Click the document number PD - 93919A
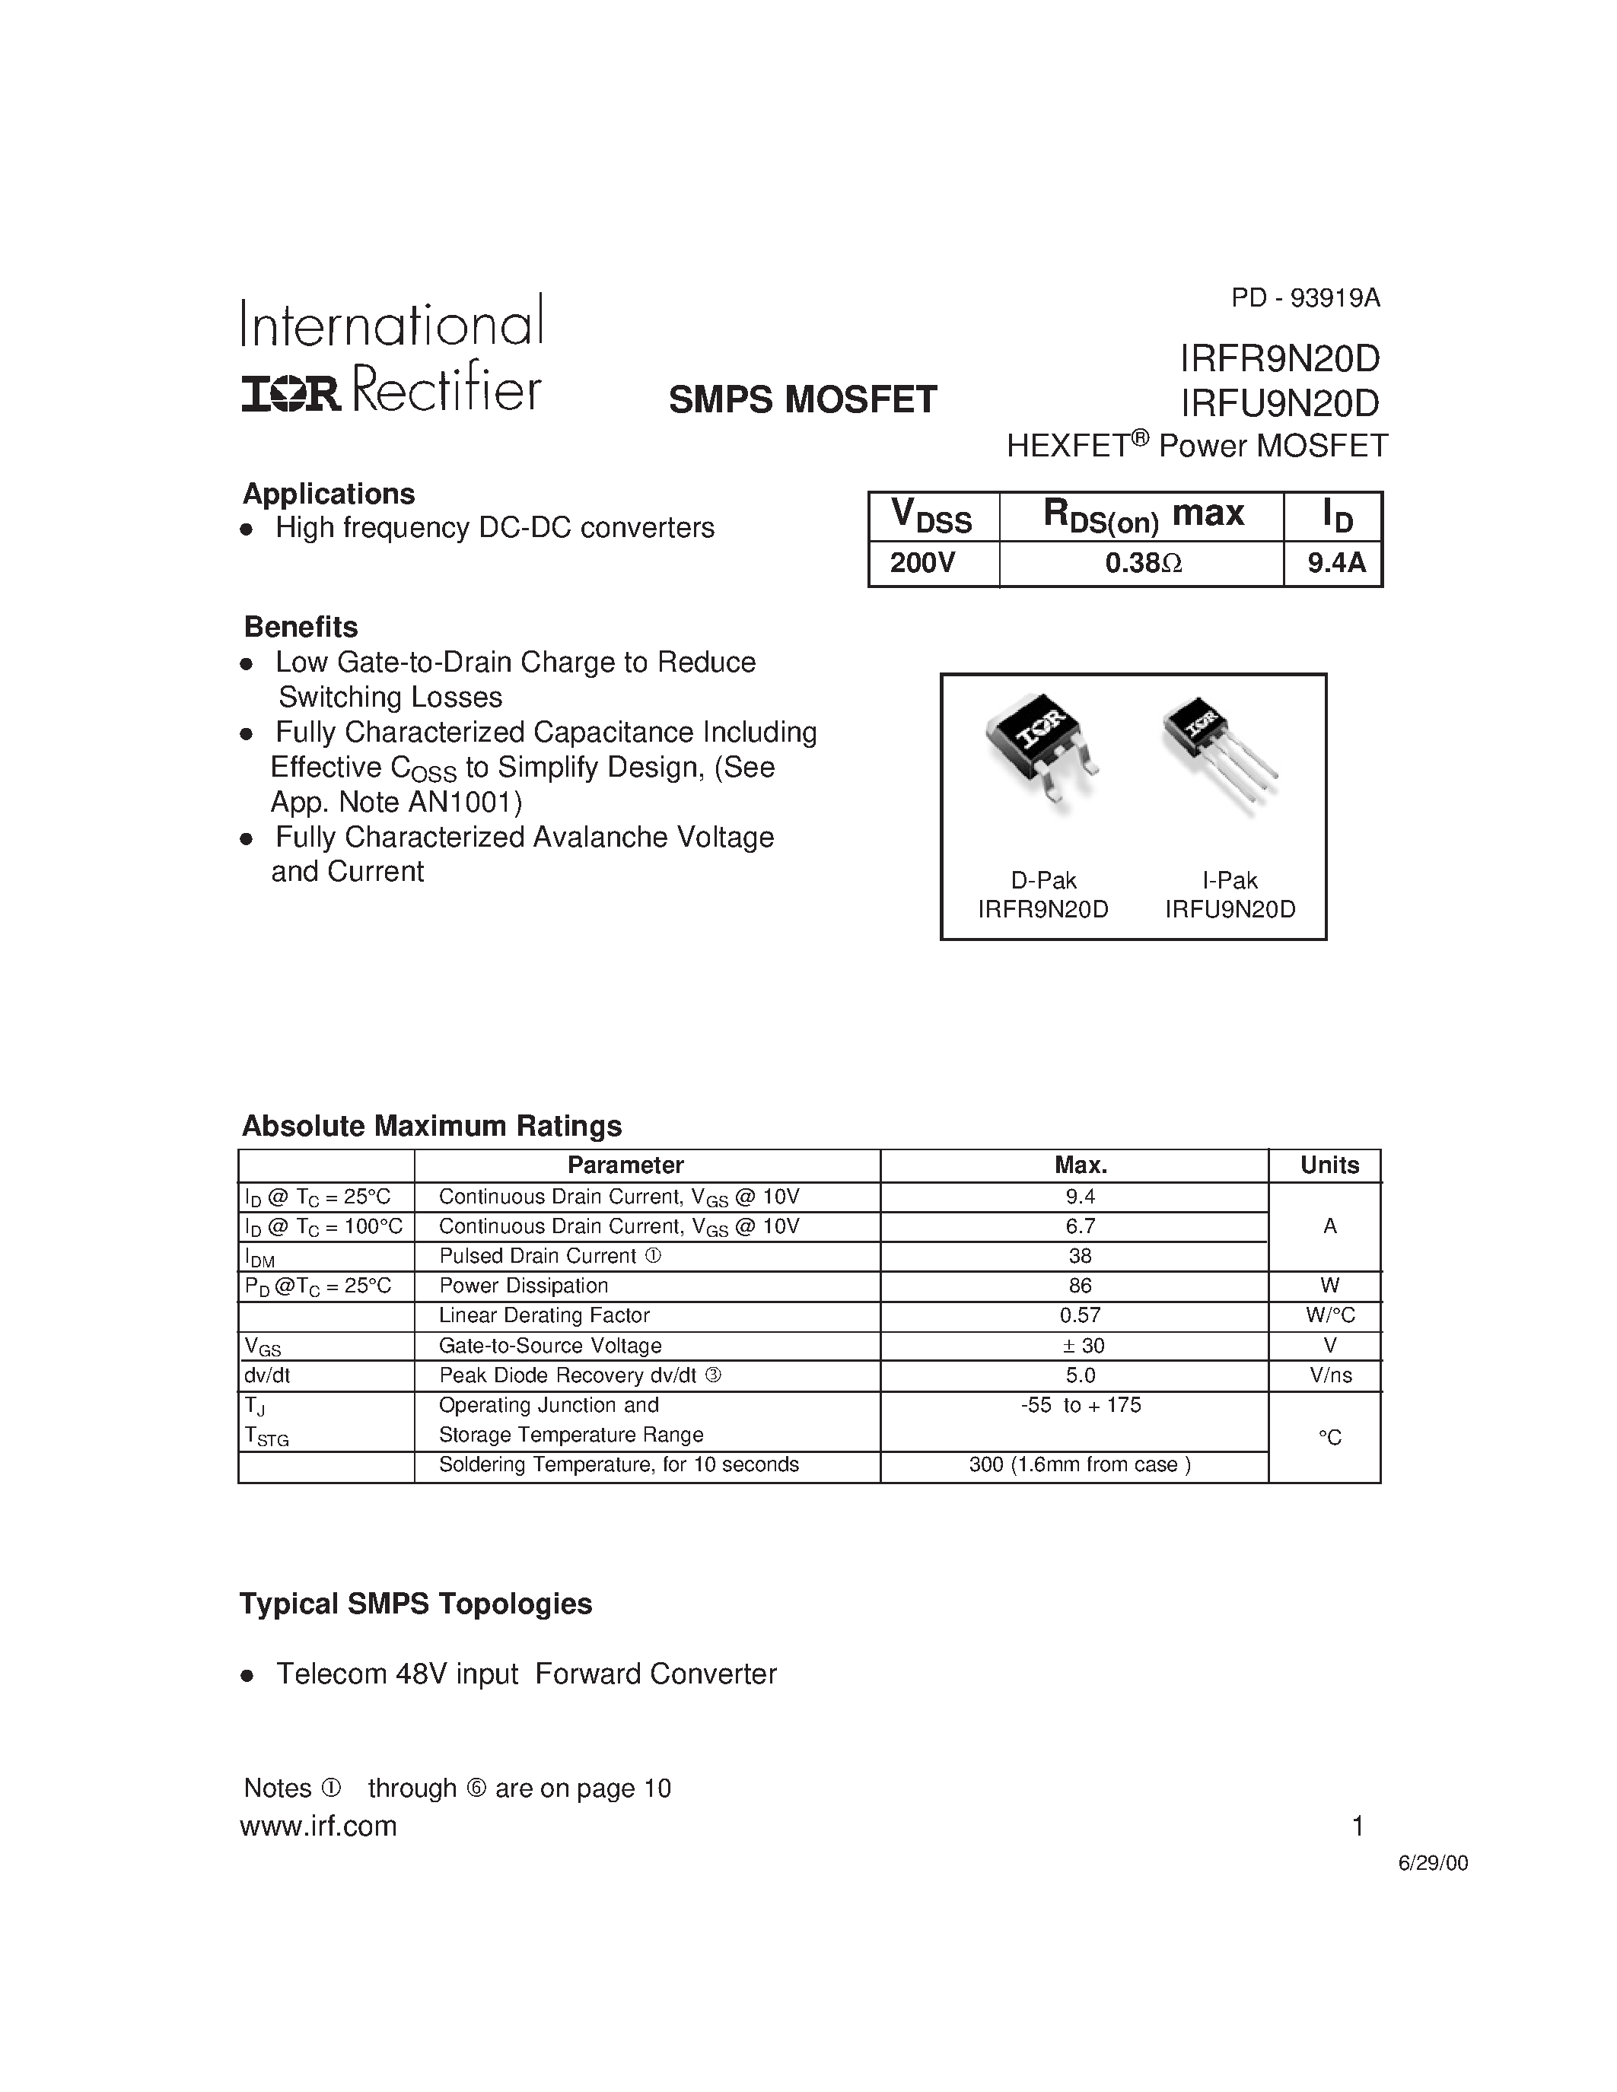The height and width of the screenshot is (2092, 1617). (1305, 299)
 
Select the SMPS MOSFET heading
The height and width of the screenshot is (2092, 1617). (802, 399)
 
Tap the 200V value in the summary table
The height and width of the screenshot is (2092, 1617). (922, 563)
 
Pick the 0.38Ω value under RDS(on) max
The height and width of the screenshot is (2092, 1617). (1143, 563)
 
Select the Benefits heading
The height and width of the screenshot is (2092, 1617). (301, 628)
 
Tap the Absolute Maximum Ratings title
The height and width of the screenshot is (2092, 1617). (431, 1127)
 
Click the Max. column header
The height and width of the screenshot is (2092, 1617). (1081, 1165)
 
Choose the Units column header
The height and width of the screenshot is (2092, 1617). (1329, 1165)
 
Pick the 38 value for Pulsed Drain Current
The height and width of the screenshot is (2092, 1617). (1080, 1256)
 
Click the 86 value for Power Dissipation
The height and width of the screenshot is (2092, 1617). (1080, 1286)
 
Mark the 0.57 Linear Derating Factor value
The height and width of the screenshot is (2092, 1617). (1080, 1315)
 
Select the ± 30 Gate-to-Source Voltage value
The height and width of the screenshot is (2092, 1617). (1083, 1346)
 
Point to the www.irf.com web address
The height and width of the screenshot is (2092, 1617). (318, 1827)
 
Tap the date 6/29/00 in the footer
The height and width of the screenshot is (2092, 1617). (1432, 1863)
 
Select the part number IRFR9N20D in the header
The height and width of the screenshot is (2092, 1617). (1280, 359)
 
